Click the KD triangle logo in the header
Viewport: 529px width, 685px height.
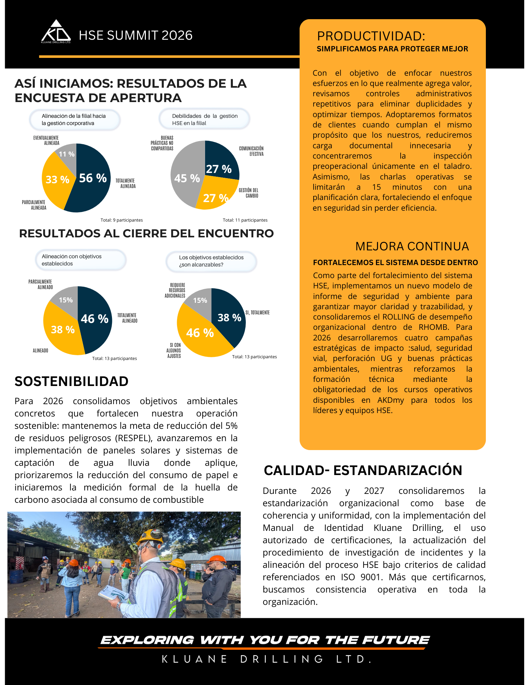(56, 32)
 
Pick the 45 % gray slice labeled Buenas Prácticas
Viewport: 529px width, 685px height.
(187, 178)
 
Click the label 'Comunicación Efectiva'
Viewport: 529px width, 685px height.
(251, 151)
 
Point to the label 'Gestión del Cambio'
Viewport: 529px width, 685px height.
(249, 193)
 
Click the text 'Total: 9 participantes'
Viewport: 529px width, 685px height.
(122, 220)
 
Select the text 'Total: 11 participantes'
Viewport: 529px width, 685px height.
(245, 220)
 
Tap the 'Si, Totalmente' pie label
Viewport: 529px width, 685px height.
(257, 312)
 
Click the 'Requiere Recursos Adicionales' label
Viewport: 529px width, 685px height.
(175, 290)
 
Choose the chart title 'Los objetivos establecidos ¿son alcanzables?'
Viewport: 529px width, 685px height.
(211, 261)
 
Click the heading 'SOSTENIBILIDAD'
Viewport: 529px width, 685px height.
(72, 381)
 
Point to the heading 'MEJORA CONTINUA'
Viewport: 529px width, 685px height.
(412, 246)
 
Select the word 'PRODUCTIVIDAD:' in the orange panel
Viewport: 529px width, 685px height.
(371, 36)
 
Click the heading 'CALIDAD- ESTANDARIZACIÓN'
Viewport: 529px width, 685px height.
(363, 470)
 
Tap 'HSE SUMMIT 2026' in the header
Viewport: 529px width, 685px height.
(136, 35)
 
